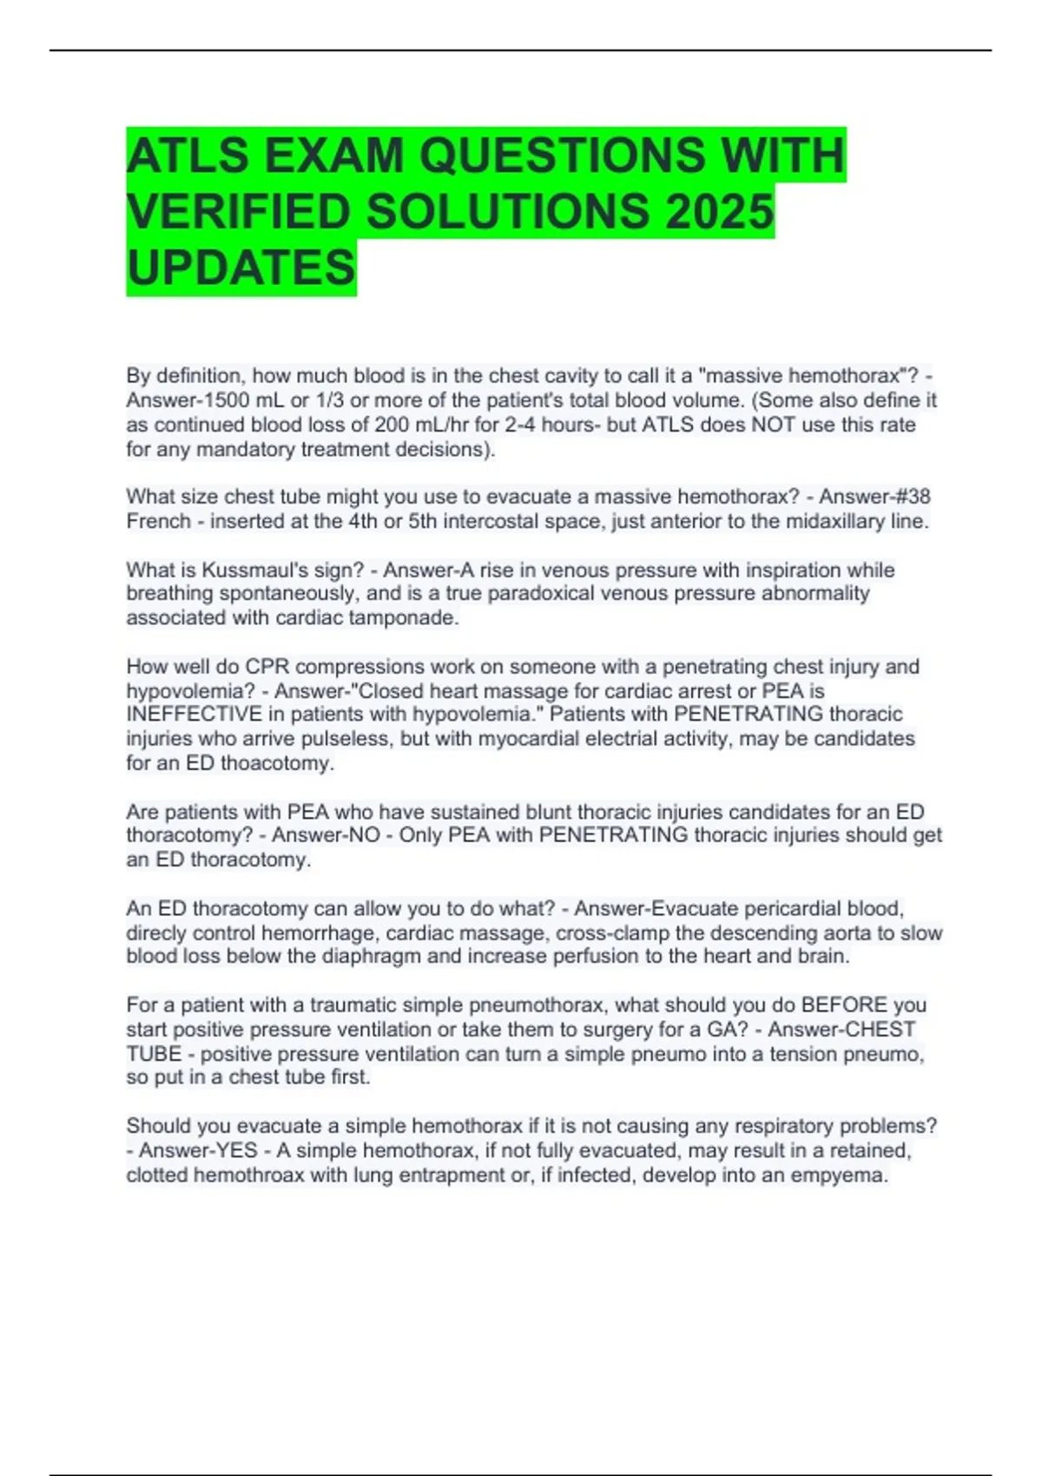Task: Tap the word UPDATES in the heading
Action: tap(241, 267)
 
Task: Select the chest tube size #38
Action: tap(912, 497)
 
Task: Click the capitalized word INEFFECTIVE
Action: tap(194, 715)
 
